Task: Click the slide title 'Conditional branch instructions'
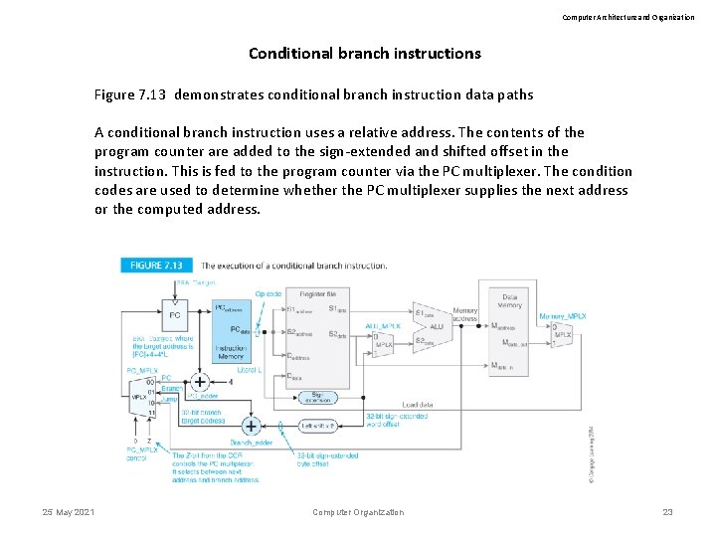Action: click(364, 53)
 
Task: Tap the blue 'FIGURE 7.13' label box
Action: click(157, 266)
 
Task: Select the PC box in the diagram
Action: click(175, 315)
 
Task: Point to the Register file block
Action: click(319, 338)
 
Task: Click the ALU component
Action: click(436, 325)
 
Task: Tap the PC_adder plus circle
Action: click(200, 381)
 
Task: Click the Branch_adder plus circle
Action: click(252, 426)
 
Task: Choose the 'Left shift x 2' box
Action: click(317, 427)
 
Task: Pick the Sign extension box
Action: click(317, 398)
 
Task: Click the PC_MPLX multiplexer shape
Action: click(140, 397)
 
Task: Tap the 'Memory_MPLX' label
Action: click(562, 316)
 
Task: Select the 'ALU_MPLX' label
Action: click(383, 325)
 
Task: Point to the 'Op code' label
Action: click(268, 294)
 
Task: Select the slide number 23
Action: click(667, 512)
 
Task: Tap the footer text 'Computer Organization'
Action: click(358, 512)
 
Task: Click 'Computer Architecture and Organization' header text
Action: click(628, 17)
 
